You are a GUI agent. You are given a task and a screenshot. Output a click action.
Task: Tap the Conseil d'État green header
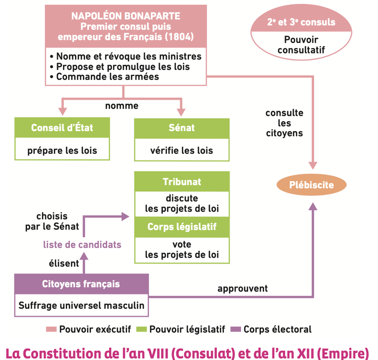[x=62, y=128]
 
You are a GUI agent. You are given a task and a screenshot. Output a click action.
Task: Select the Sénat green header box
[x=181, y=128]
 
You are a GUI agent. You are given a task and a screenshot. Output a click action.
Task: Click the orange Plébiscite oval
[x=311, y=185]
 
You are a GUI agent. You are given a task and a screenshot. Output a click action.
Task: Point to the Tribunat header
[x=182, y=182]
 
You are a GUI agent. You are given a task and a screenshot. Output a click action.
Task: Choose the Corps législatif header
[x=182, y=227]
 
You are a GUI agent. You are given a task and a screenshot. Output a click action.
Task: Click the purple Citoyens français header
[x=81, y=284]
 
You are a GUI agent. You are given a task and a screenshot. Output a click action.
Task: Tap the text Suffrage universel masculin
[x=81, y=305]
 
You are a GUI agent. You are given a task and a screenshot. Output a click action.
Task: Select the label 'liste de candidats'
[x=82, y=245]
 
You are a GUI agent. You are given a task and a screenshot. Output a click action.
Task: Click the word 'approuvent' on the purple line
[x=242, y=288]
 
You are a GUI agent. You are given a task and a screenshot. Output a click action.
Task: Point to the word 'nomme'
[x=121, y=105]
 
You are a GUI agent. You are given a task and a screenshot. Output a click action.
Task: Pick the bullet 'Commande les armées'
[x=107, y=76]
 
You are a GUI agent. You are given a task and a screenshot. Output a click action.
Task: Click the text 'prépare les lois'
[x=62, y=151]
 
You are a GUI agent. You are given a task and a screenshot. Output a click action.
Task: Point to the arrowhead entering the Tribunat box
[x=126, y=216]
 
